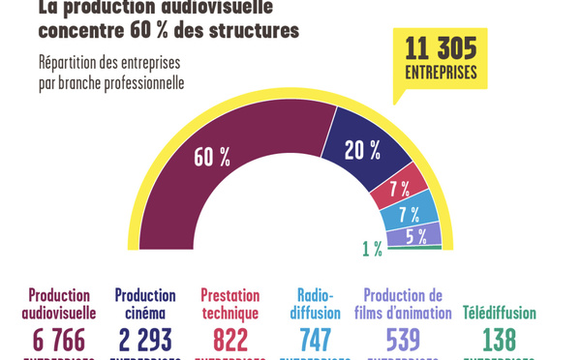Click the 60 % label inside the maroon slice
[212, 157]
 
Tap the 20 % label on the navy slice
[362, 150]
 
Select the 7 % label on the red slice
[399, 190]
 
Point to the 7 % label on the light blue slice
[409, 215]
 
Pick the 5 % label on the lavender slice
[415, 236]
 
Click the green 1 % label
[372, 249]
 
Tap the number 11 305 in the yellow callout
[441, 48]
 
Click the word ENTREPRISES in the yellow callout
[441, 73]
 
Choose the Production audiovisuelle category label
[59, 304]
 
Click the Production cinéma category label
[145, 304]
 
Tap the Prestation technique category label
[229, 304]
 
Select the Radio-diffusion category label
[315, 304]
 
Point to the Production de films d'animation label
[403, 304]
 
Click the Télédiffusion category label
[499, 313]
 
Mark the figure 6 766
[59, 340]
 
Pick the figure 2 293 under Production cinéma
[145, 340]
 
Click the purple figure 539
[403, 340]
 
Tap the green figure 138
[499, 340]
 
